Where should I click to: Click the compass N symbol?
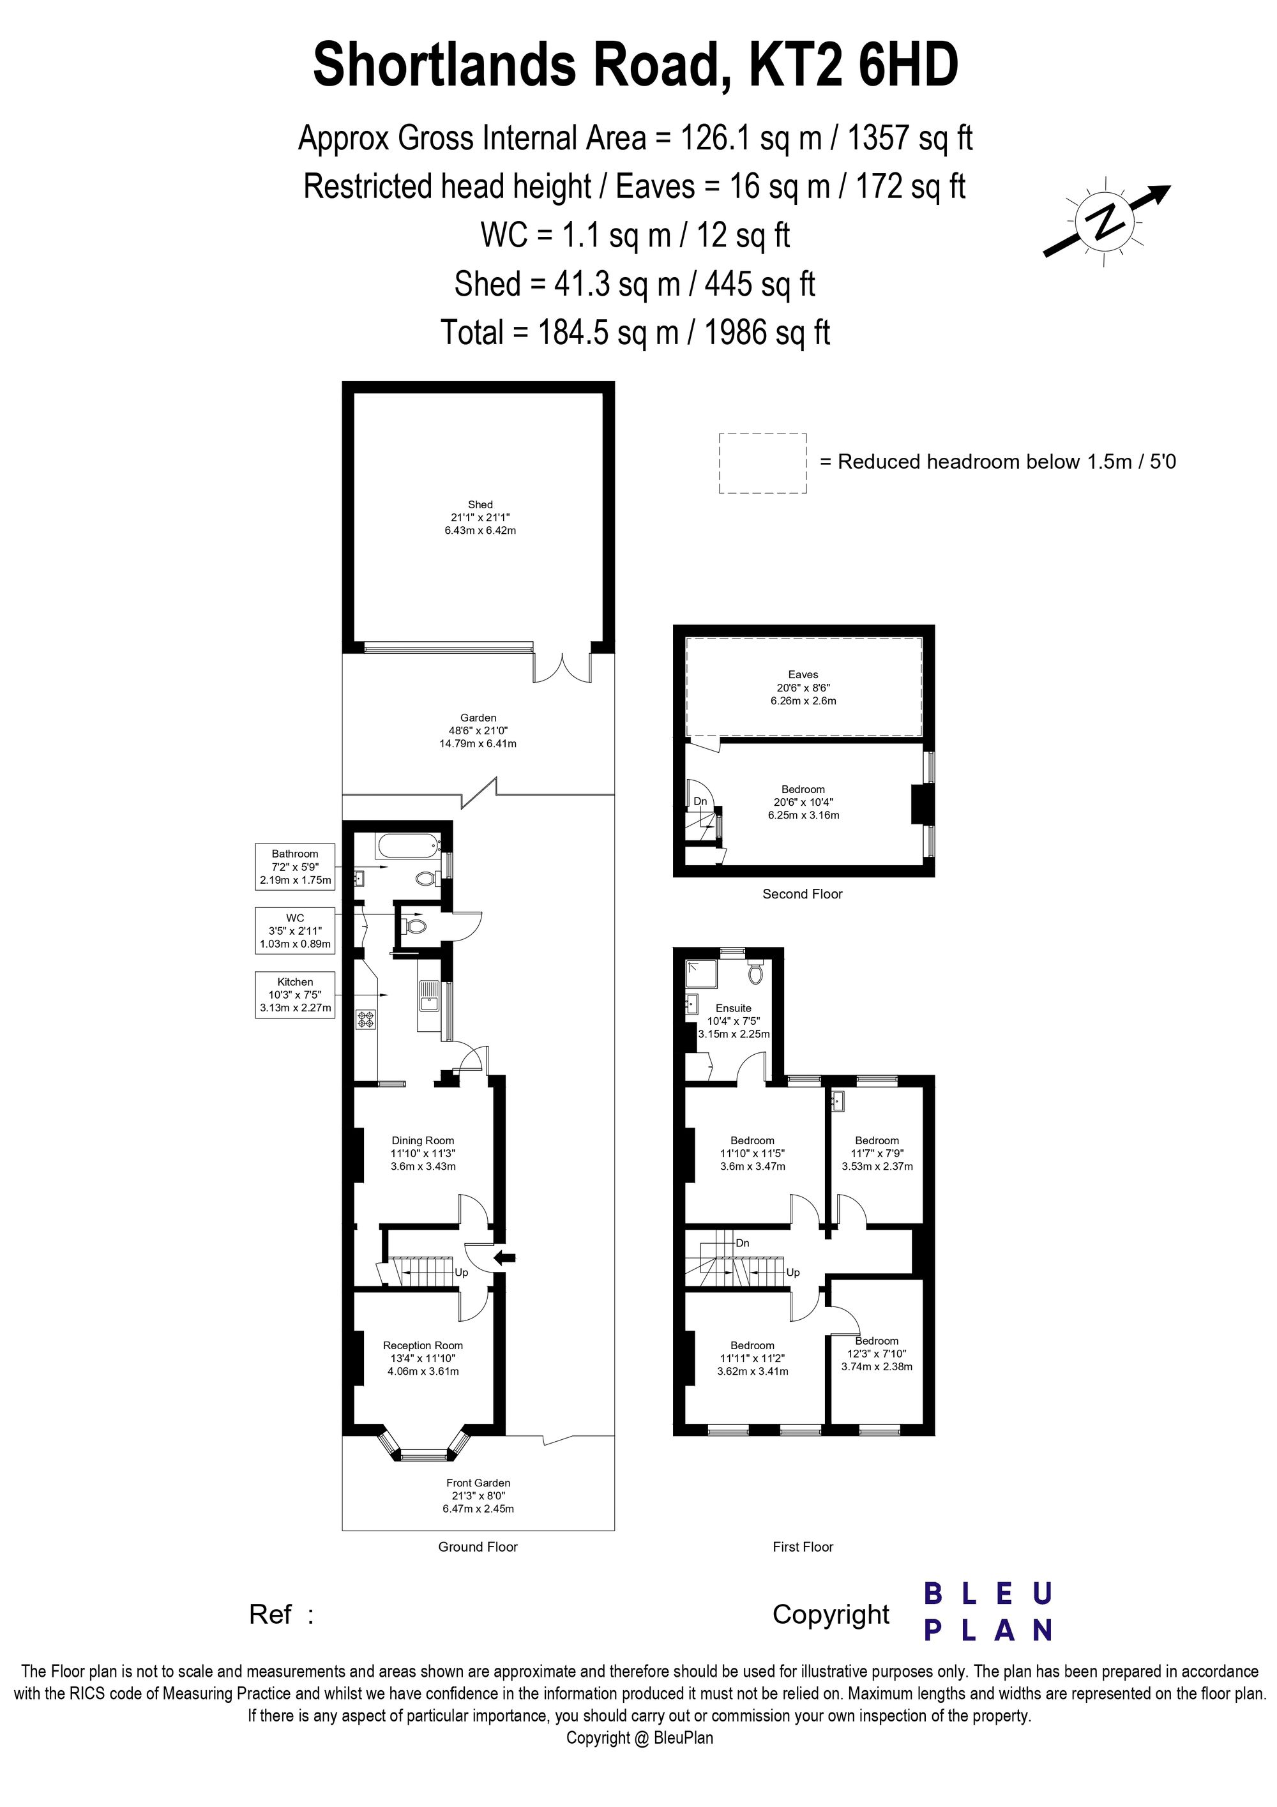[1107, 221]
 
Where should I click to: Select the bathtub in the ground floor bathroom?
[409, 847]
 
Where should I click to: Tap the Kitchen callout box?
[295, 995]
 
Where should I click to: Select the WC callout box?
[295, 931]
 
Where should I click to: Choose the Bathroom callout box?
[295, 866]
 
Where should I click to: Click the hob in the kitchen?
[366, 1019]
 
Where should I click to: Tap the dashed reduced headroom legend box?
[762, 464]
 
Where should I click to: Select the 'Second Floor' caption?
[803, 894]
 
